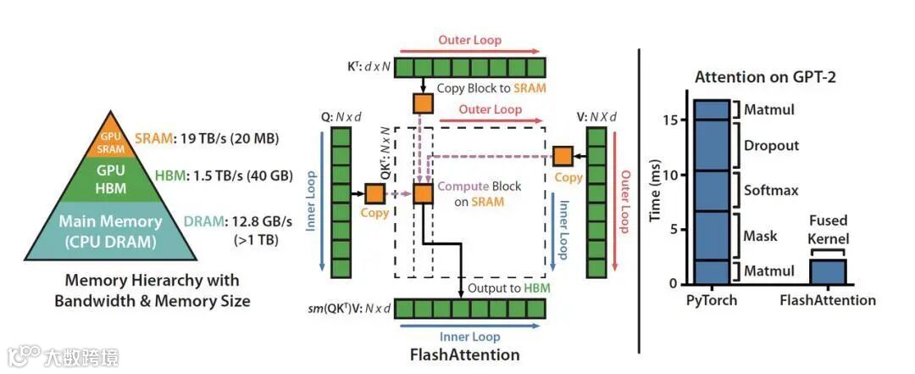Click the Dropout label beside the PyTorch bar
(771, 145)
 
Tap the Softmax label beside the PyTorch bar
(771, 190)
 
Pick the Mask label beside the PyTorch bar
(760, 236)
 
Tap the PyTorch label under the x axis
(712, 300)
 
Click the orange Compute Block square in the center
(424, 193)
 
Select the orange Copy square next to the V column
(563, 156)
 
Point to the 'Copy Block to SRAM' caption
(491, 88)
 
